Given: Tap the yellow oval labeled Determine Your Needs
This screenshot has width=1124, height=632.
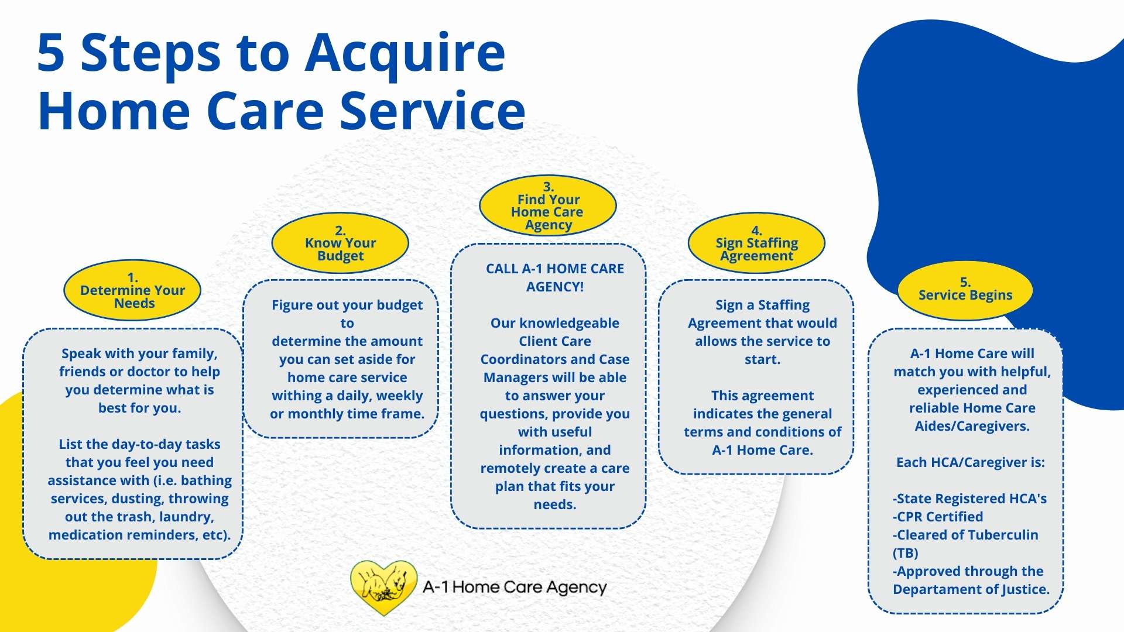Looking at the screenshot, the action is (x=132, y=290).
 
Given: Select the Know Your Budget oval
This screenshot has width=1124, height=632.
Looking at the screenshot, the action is (x=340, y=243).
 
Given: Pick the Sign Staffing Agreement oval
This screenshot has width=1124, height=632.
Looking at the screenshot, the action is (x=756, y=243).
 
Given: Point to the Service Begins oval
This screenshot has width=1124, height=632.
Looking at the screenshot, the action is (x=965, y=290).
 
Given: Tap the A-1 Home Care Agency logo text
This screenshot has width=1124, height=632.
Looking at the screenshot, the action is (x=515, y=587).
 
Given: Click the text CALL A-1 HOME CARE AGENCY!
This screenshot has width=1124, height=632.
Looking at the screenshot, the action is (x=555, y=277).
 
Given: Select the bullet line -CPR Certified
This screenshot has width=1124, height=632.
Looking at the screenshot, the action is (x=938, y=517).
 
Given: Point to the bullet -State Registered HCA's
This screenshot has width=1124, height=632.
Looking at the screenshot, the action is (x=970, y=499).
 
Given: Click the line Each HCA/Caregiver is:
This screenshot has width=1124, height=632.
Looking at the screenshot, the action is (x=971, y=462).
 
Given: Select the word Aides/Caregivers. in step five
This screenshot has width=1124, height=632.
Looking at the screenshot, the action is (x=972, y=426).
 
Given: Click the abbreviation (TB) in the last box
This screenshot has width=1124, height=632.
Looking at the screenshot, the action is (x=905, y=553).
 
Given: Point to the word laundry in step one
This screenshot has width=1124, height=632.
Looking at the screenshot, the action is (x=186, y=517).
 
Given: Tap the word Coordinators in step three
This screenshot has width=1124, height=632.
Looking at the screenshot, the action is (x=516, y=359).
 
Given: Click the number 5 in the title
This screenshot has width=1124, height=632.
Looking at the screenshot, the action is (x=51, y=53).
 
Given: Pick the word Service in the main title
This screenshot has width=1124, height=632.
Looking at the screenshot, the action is (x=433, y=111).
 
